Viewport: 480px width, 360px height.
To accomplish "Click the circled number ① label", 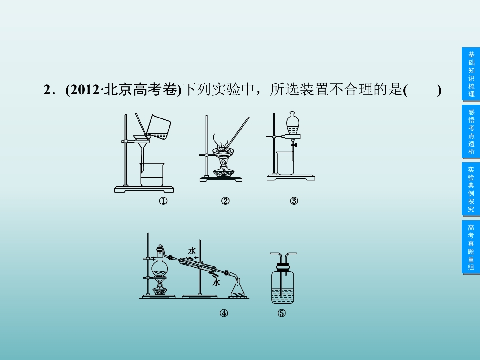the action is click(x=163, y=201).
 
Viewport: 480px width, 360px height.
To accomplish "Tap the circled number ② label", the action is click(x=225, y=201).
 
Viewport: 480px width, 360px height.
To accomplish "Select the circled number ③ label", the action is click(x=294, y=201).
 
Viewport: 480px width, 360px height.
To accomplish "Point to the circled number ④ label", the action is click(x=224, y=313).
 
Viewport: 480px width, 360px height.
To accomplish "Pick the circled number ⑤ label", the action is click(x=282, y=313).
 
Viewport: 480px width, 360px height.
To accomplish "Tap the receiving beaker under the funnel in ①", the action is click(x=152, y=174).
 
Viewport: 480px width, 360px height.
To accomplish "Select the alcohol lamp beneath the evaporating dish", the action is click(x=224, y=171).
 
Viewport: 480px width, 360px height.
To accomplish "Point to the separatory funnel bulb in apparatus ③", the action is click(x=293, y=123).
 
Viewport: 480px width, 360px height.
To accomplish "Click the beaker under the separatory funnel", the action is click(x=285, y=163).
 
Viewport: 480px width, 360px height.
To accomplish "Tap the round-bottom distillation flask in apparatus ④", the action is click(x=160, y=267).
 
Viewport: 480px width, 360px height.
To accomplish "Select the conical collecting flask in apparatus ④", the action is click(x=238, y=288).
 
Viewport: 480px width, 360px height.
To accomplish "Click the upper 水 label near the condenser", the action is click(x=192, y=251).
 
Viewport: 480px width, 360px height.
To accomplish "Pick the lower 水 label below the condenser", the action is click(x=216, y=282).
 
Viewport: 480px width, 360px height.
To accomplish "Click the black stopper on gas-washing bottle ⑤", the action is click(x=283, y=267).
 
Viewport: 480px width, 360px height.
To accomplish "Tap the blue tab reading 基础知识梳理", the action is click(x=471, y=74).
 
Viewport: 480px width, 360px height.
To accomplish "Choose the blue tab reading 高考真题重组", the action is click(x=471, y=247).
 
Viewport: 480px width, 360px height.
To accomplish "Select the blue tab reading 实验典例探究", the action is click(x=471, y=189).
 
